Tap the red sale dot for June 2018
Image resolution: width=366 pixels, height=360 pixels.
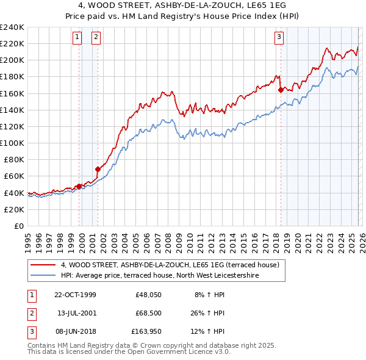281,90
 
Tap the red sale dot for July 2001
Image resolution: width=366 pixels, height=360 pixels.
98,169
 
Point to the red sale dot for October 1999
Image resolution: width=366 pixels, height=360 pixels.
79,186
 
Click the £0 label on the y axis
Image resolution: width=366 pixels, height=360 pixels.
18,226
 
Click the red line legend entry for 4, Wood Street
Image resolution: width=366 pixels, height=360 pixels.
170,265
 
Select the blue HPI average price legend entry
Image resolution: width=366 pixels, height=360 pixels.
160,276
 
